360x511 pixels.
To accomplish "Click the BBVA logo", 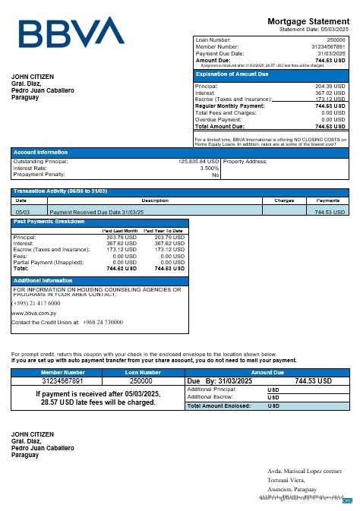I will click(x=71, y=33).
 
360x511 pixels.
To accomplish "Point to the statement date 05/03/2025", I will click(x=331, y=30).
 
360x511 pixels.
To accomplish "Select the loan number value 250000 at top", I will click(x=336, y=39).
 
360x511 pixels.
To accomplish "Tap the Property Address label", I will click(x=245, y=162).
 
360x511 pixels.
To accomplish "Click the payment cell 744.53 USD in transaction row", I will click(x=330, y=212).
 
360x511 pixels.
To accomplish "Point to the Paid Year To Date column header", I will click(x=164, y=230).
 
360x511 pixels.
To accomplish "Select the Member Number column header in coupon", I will click(x=63, y=373).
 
